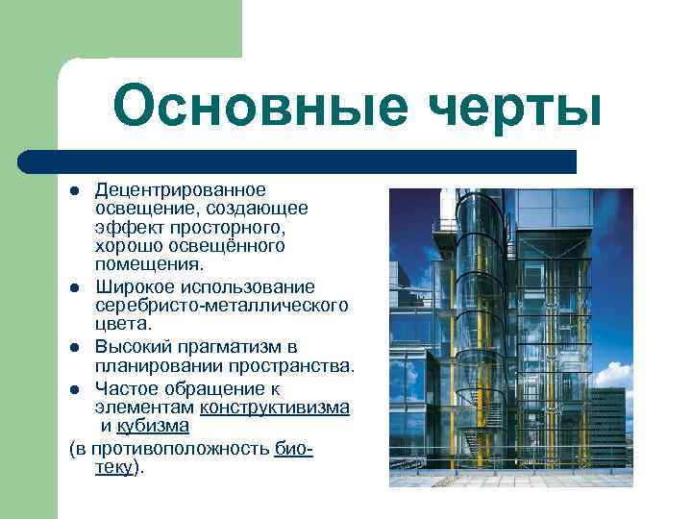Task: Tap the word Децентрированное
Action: (181, 190)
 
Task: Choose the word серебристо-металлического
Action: (221, 306)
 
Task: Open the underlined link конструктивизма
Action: (274, 407)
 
